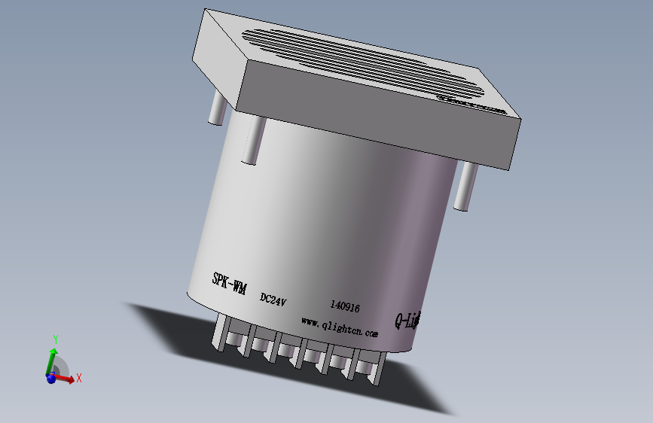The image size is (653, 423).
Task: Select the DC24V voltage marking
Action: [273, 299]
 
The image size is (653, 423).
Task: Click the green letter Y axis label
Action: [56, 339]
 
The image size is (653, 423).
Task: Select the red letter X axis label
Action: [78, 378]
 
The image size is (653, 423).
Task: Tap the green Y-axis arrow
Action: [53, 358]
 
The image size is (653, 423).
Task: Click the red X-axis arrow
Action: [66, 379]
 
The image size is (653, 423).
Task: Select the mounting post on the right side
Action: [467, 187]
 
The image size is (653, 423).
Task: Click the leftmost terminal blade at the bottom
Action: [221, 334]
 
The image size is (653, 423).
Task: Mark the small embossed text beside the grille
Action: [471, 105]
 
